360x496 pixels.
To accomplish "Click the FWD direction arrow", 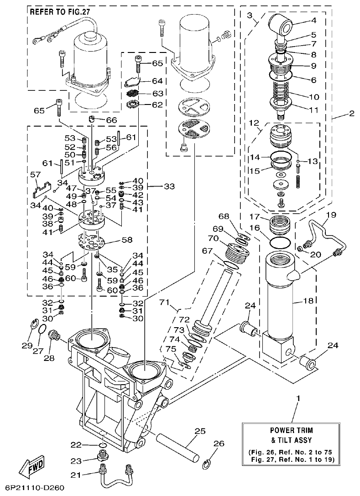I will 32,466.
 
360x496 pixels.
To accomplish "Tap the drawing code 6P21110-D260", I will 32,488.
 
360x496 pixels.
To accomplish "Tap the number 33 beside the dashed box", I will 169,186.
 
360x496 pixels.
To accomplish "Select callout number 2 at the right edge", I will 351,114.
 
